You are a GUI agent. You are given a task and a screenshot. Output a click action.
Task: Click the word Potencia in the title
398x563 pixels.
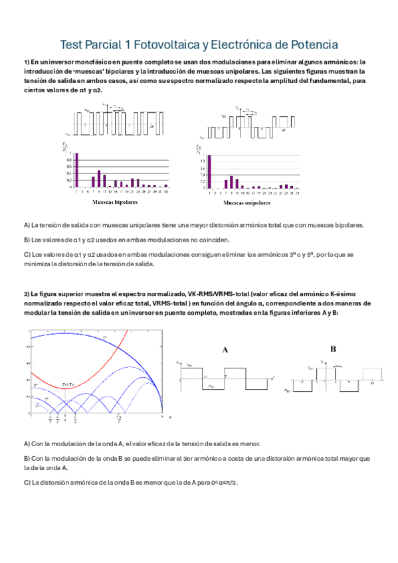tap(312, 45)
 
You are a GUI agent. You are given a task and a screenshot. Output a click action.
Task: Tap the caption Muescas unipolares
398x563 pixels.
tap(247, 202)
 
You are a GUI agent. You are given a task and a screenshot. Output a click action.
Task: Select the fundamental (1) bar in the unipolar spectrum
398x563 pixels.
tap(209, 172)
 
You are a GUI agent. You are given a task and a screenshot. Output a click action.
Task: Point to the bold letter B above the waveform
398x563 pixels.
tap(333, 349)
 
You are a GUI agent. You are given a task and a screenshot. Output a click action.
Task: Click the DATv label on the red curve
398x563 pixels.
tap(68, 385)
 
